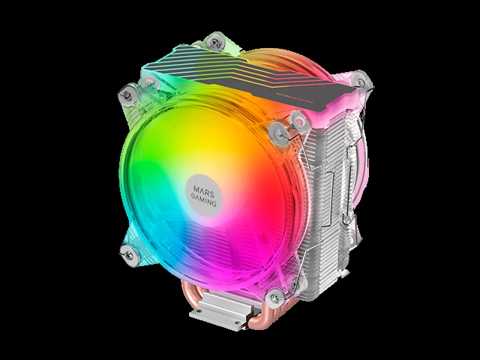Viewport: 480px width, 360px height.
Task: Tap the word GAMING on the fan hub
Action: (x=204, y=199)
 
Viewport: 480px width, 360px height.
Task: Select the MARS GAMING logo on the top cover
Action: (x=295, y=97)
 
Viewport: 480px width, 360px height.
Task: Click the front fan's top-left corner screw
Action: (x=127, y=94)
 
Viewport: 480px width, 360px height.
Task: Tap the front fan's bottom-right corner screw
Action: (x=275, y=297)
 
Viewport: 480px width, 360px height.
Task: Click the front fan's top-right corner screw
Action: (x=279, y=133)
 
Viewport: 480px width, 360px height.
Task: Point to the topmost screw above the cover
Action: (x=215, y=42)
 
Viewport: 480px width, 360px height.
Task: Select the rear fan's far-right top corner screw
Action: (x=361, y=82)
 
